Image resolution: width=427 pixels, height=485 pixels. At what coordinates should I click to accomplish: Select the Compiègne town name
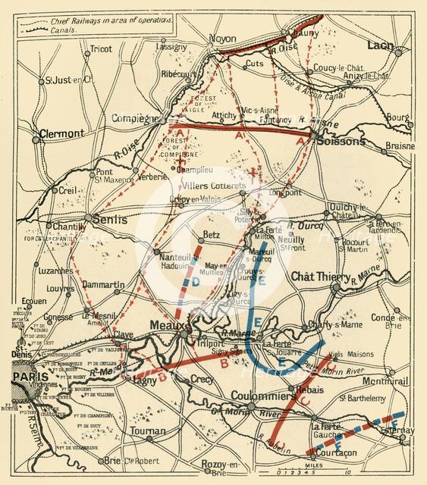[137, 119]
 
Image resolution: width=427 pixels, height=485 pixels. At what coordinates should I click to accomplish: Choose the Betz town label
[209, 233]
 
